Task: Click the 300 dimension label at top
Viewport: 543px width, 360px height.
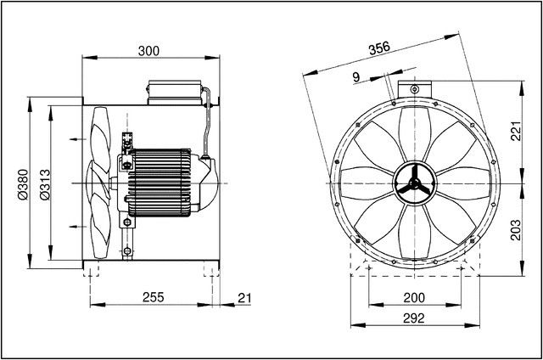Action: pos(148,50)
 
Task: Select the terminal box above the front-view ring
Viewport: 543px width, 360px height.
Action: pos(413,87)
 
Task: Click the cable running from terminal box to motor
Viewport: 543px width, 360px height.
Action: pos(208,119)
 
